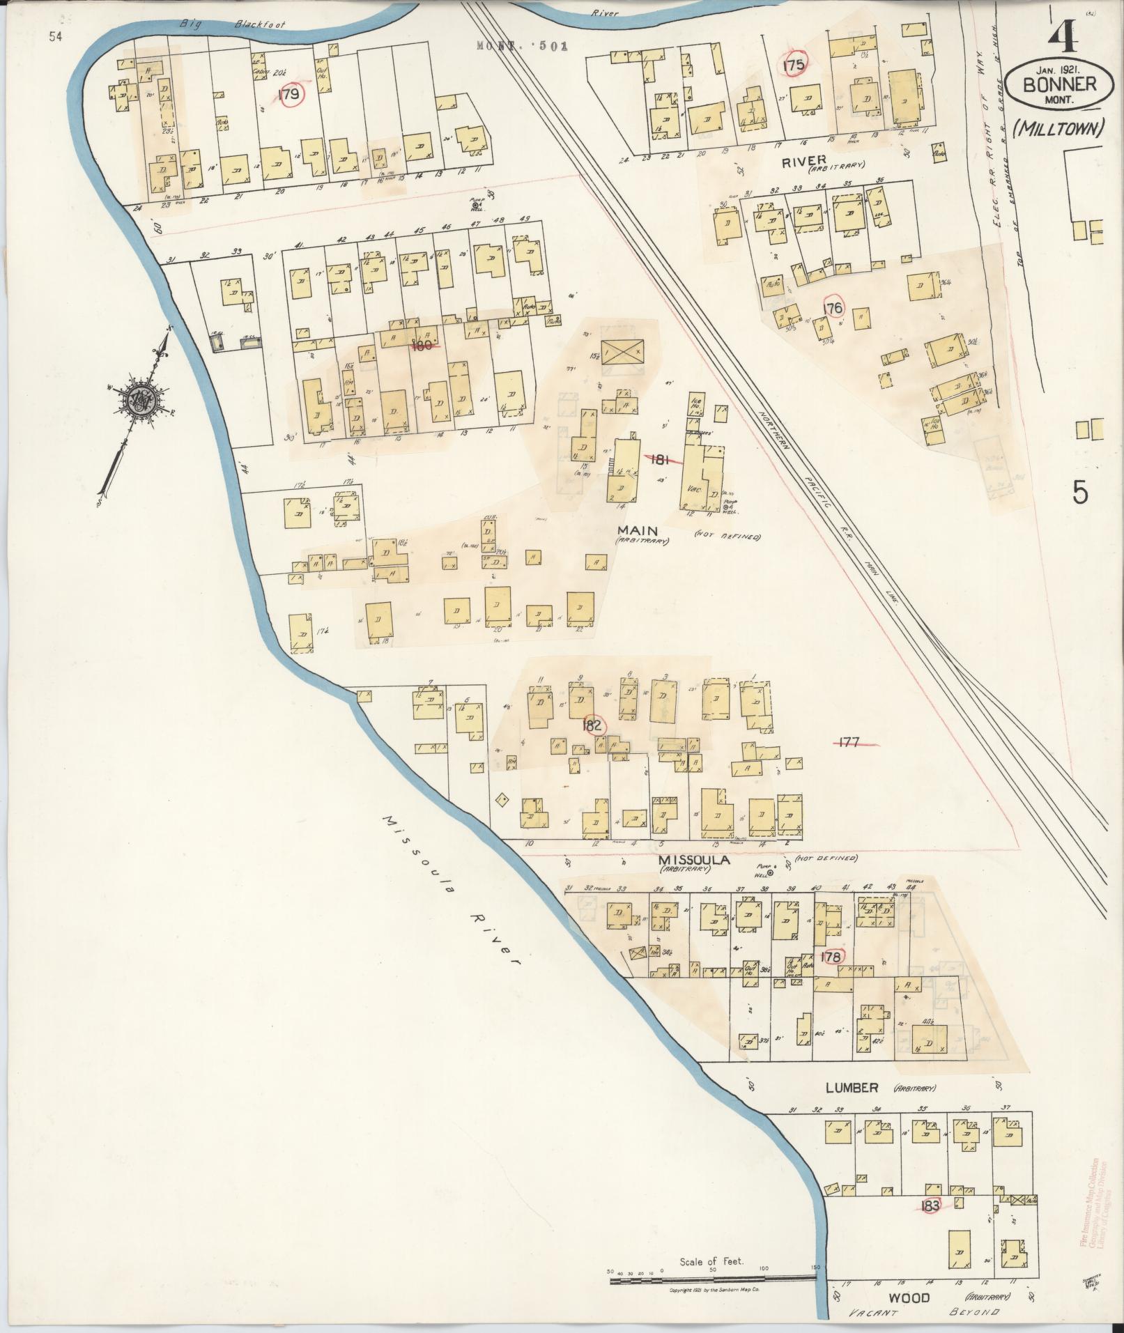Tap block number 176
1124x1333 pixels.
(833, 307)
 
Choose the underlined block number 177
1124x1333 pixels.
(849, 742)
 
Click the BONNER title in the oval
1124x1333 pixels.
(1058, 85)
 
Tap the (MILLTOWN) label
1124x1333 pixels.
(1058, 128)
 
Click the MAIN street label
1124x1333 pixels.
(633, 531)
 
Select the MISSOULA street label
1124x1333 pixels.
(694, 861)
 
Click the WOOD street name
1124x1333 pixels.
(909, 1298)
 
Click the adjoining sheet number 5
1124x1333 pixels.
(1079, 493)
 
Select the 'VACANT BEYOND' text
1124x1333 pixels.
(927, 1313)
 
